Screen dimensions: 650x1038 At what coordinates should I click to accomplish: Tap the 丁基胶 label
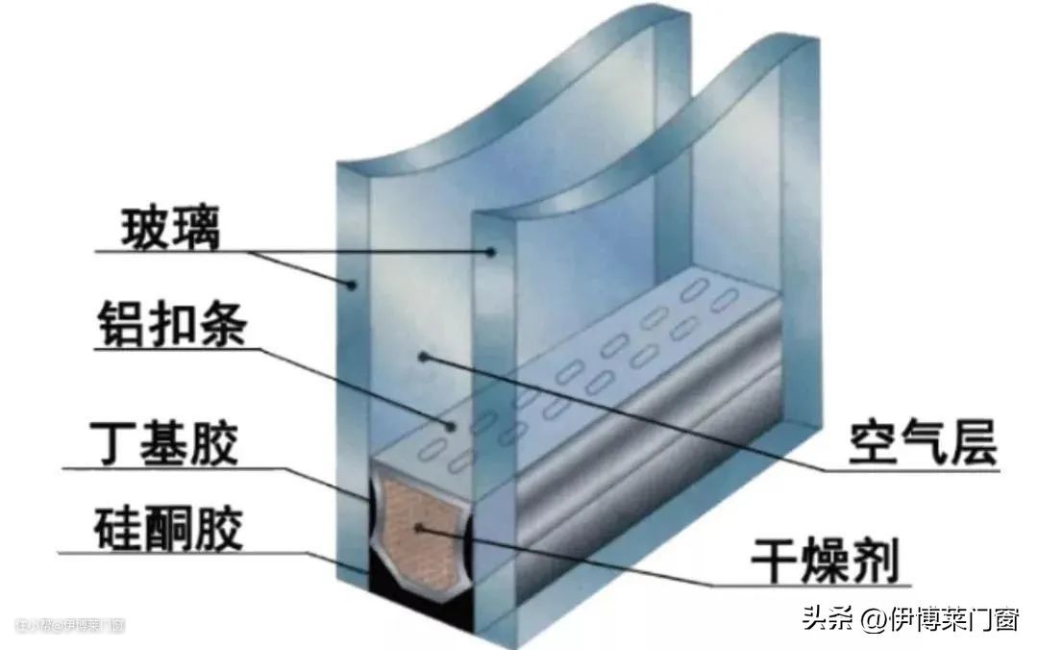165,447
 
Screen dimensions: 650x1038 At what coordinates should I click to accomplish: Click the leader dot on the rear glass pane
491,252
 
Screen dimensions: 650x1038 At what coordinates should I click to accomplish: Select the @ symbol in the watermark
873,619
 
